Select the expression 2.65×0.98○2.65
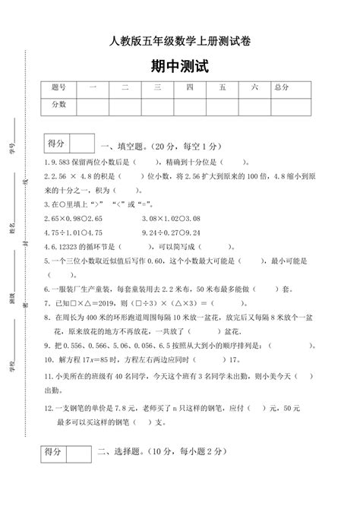point(74,217)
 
